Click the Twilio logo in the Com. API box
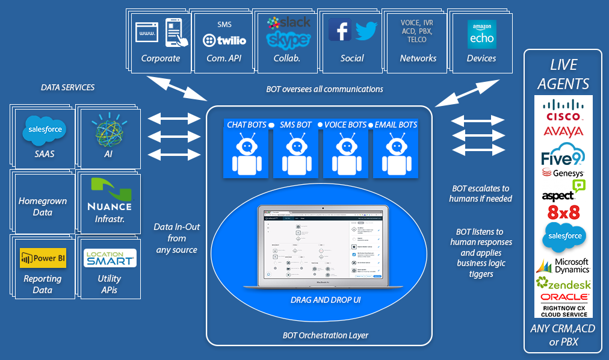tap(224, 40)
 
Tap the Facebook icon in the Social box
tap(340, 29)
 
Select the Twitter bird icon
tap(366, 30)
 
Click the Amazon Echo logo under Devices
tap(481, 34)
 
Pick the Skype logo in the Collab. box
tap(289, 40)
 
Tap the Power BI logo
tap(43, 258)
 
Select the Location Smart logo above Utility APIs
tap(110, 258)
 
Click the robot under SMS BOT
tap(295, 154)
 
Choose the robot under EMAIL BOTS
tap(395, 154)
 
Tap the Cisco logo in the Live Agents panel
tap(563, 110)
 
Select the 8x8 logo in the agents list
tap(563, 212)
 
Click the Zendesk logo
tap(563, 284)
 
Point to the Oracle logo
tap(563, 297)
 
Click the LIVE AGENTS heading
tap(563, 74)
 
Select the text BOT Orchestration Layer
tap(326, 335)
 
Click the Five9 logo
tap(563, 155)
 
